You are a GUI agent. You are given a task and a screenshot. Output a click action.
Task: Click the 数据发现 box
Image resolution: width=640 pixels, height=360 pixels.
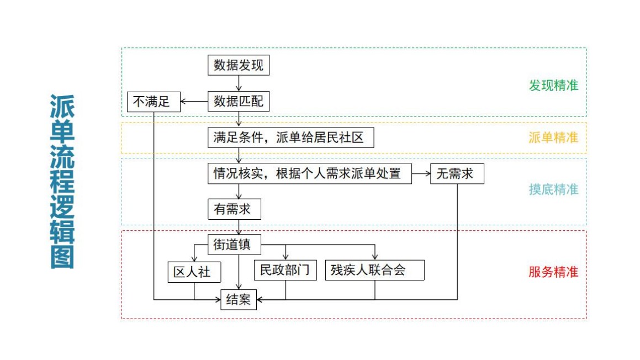tap(239, 66)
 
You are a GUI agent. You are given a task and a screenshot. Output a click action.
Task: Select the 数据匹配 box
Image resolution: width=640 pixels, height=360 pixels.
tap(239, 102)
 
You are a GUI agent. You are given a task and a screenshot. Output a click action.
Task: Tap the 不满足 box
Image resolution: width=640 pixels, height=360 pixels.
tap(154, 102)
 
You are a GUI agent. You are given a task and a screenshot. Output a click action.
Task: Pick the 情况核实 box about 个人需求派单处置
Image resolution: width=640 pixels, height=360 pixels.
tap(310, 173)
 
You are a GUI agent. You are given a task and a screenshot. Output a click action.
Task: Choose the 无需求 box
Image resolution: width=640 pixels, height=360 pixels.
tap(457, 173)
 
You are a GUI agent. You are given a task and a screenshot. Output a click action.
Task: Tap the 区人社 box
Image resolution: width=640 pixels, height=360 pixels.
tap(194, 272)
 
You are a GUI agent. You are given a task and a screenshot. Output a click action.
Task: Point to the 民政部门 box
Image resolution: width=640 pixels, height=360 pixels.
tap(285, 270)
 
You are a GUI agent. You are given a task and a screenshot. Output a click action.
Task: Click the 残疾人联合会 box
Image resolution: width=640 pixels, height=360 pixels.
tap(375, 270)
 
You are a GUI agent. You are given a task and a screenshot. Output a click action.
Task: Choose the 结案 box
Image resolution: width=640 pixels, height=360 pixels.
tap(239, 299)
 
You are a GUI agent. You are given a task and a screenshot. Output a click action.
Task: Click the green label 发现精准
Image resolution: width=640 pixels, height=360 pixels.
tap(553, 86)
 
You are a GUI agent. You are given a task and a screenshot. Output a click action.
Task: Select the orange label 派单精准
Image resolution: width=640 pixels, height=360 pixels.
tap(553, 137)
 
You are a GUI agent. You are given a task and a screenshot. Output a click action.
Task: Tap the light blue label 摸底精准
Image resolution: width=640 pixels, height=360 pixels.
tap(553, 189)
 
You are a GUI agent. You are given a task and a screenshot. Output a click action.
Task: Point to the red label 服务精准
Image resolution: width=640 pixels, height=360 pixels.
tap(553, 272)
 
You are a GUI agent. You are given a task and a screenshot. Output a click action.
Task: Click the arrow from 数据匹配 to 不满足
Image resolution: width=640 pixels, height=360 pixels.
tap(194, 102)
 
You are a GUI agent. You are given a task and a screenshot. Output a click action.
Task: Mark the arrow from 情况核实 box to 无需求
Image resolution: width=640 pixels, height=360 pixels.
tap(421, 173)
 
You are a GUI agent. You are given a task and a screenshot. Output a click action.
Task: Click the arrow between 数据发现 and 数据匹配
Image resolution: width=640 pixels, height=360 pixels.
tap(239, 83)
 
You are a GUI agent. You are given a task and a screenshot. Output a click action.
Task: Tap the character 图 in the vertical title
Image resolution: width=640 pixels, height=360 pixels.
tap(62, 257)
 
